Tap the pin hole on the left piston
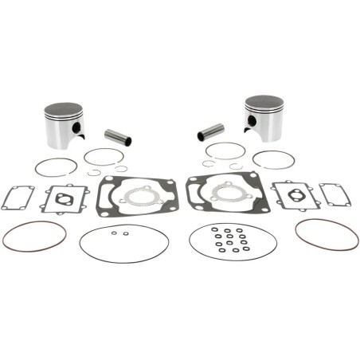pos(76,128)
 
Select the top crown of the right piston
pos(264,103)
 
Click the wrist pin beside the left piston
pos(117,137)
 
